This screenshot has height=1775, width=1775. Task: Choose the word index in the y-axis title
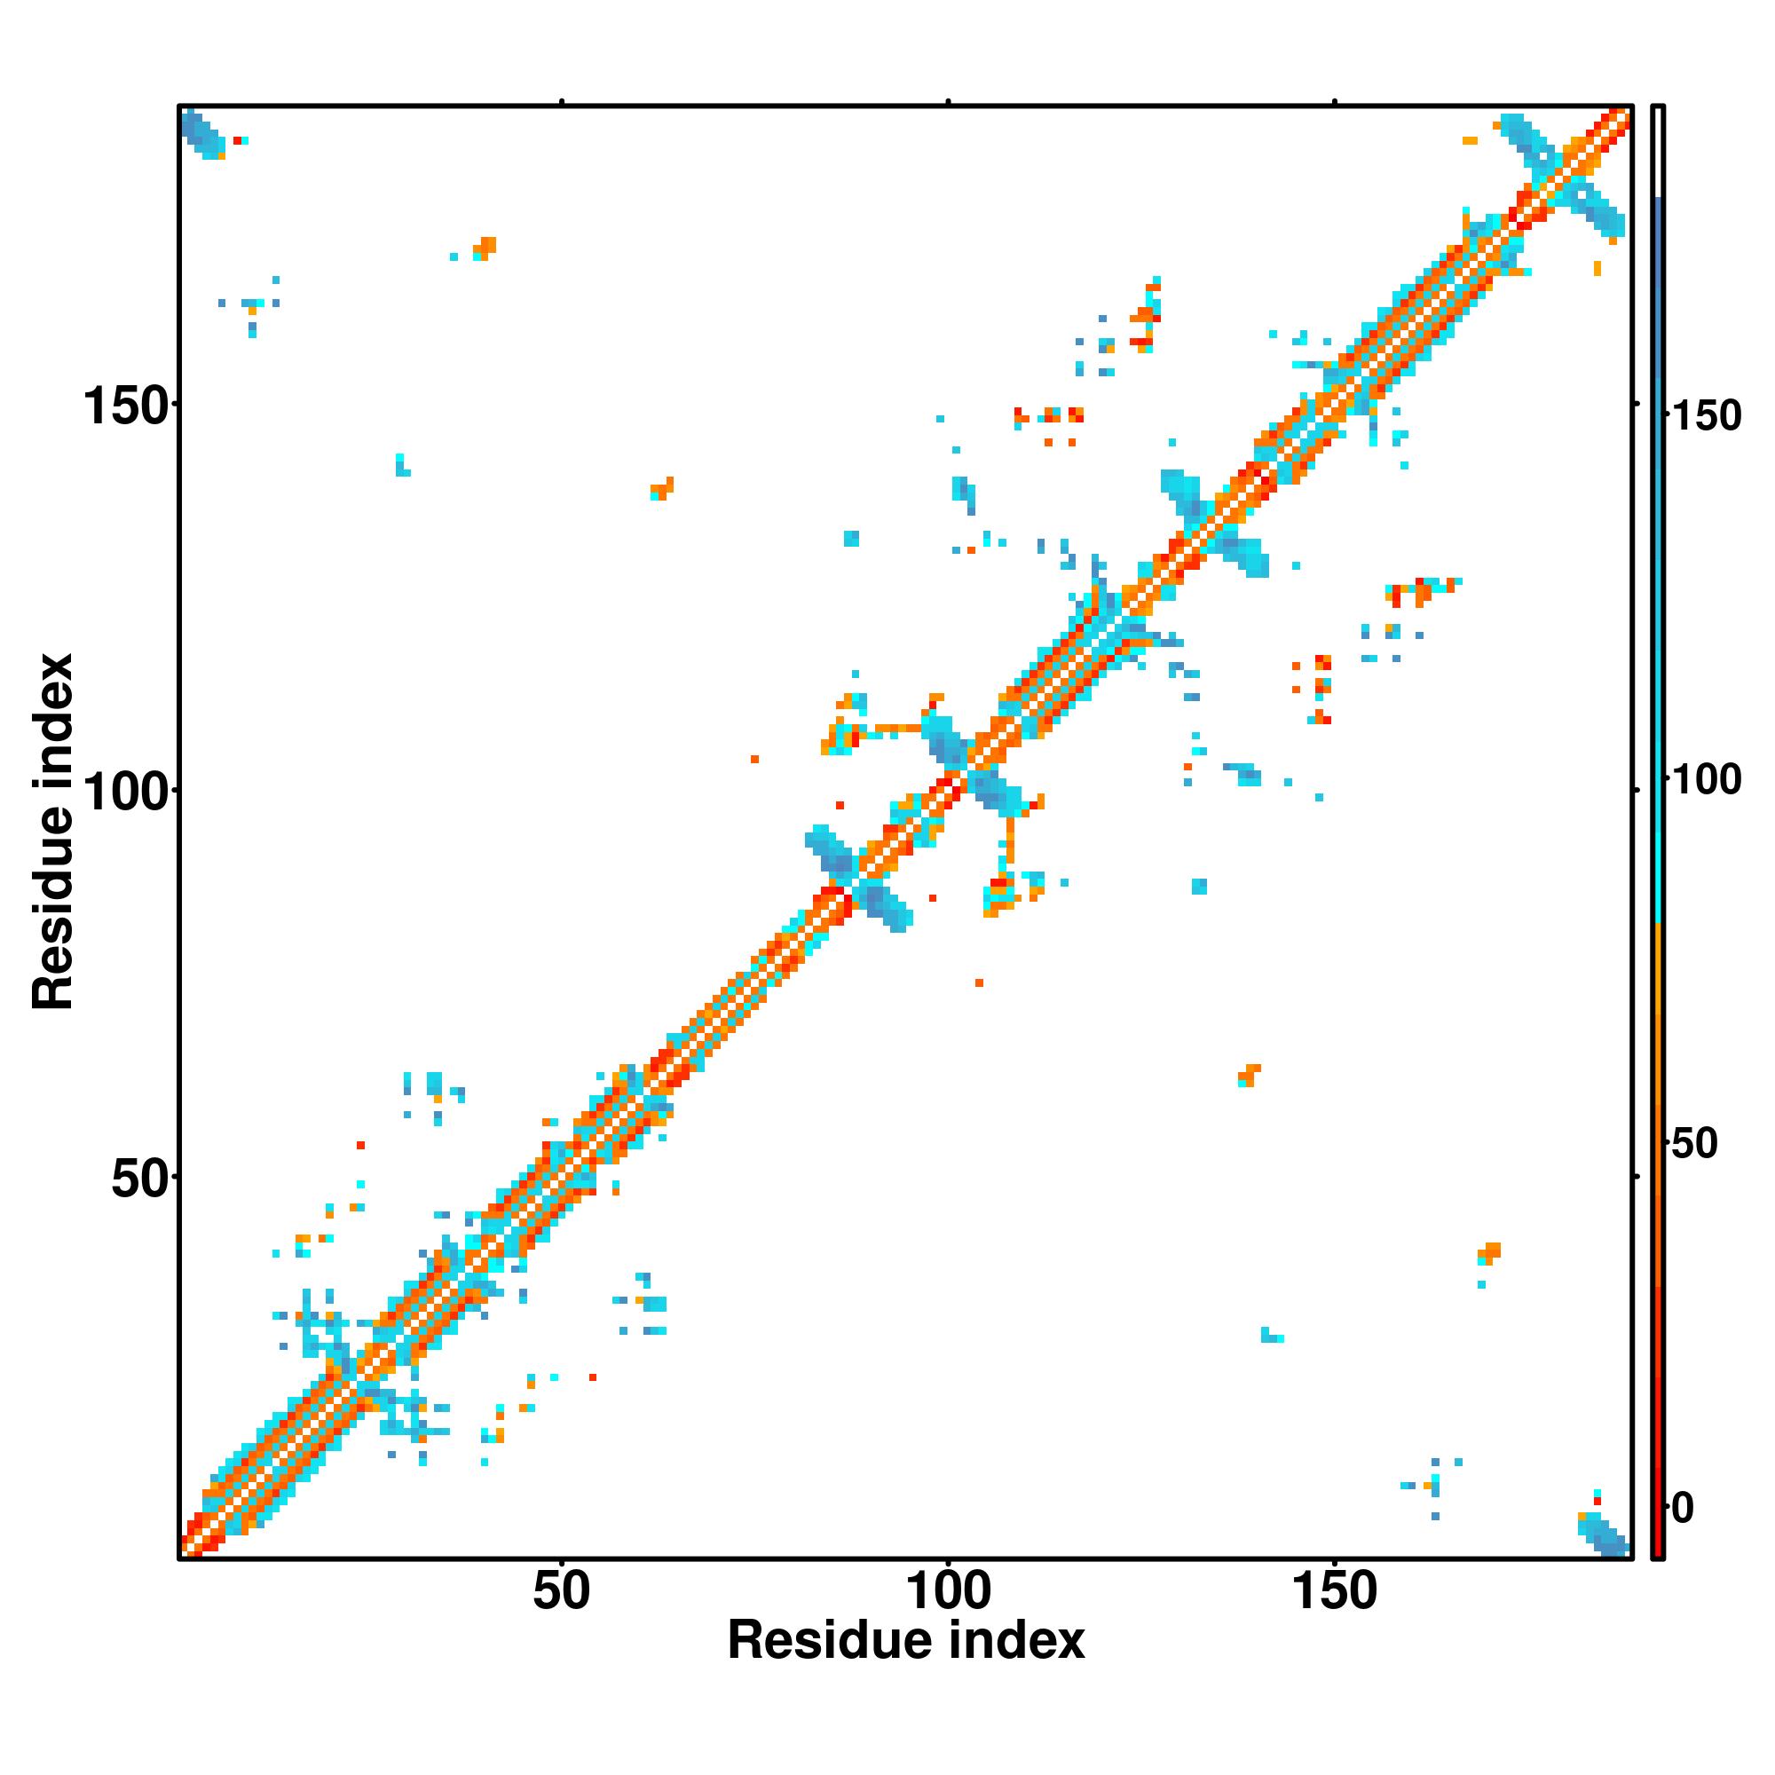click(53, 715)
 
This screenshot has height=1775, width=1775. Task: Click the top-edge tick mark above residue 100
click(948, 102)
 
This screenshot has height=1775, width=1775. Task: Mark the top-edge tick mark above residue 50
click(562, 102)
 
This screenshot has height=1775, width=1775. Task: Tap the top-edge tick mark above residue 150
click(1334, 102)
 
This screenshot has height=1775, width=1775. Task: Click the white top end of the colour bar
click(1659, 152)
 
